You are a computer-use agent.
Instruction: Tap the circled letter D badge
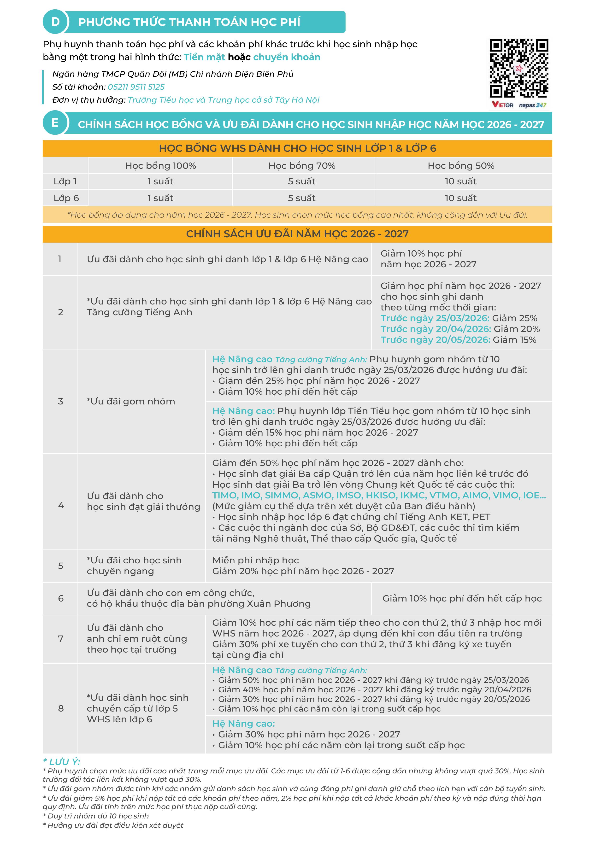click(55, 22)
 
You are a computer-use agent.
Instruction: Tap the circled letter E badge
click(55, 123)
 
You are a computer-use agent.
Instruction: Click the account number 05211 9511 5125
click(136, 87)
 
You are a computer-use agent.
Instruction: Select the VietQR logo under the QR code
click(503, 105)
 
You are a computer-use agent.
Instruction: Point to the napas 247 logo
click(533, 105)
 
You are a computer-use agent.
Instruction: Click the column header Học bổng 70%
click(302, 166)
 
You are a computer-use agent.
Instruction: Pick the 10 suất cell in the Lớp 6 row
click(460, 198)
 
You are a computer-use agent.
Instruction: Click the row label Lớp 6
click(66, 198)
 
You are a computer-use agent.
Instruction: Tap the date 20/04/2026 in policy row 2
click(463, 329)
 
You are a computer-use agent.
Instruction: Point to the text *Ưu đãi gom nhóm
click(131, 402)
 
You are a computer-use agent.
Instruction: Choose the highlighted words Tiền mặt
click(204, 57)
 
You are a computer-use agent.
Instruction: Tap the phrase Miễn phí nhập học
click(255, 561)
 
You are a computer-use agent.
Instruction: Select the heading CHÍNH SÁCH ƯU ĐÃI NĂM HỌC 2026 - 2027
click(297, 234)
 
